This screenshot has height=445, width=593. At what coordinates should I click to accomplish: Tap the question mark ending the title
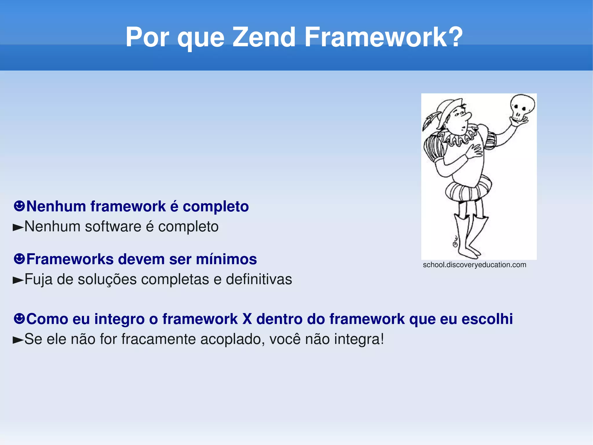pyautogui.click(x=454, y=37)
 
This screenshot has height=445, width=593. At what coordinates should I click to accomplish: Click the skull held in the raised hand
pyautogui.click(x=522, y=107)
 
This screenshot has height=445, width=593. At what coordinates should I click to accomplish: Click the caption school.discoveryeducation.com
pyautogui.click(x=474, y=265)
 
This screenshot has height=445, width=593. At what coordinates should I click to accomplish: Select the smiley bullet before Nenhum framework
pyautogui.click(x=19, y=206)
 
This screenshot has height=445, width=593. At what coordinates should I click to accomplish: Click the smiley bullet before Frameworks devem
pyautogui.click(x=19, y=259)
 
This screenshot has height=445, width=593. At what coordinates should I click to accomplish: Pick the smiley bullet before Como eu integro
pyautogui.click(x=19, y=319)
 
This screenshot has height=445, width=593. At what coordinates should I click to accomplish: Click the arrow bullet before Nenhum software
pyautogui.click(x=18, y=228)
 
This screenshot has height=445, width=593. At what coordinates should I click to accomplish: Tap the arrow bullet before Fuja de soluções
pyautogui.click(x=18, y=280)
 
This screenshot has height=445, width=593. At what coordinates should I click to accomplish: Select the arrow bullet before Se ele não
pyautogui.click(x=18, y=340)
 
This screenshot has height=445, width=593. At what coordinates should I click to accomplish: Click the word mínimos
pyautogui.click(x=226, y=259)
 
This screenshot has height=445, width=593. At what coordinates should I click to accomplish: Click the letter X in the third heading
pyautogui.click(x=247, y=319)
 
